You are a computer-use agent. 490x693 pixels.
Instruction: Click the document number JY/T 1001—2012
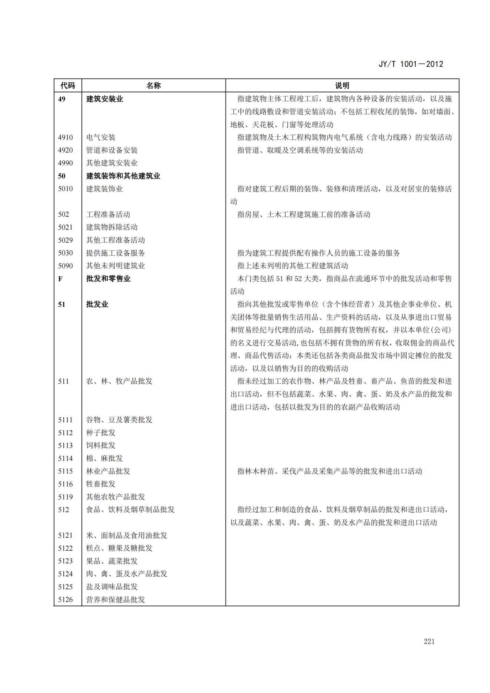[410, 64]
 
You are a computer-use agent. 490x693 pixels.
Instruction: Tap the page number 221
[429, 642]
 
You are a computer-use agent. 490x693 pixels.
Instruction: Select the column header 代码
[67, 86]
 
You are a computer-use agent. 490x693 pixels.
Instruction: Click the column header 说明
[342, 86]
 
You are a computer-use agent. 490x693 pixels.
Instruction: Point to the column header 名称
[153, 86]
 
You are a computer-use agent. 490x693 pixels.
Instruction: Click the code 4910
[66, 137]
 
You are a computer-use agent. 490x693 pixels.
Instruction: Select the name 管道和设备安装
[112, 150]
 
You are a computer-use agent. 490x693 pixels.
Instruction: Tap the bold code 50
[61, 176]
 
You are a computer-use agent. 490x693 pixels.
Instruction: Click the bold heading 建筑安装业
[104, 99]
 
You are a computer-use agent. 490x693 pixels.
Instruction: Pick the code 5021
[66, 227]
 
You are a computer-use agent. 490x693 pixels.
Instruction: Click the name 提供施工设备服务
[116, 253]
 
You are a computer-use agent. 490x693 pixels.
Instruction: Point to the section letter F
[60, 279]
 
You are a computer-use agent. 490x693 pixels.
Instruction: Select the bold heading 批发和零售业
[108, 279]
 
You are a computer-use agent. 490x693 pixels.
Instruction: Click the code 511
[63, 381]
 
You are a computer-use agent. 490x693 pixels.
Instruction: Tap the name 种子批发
[101, 433]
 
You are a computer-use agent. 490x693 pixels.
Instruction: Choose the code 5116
[66, 484]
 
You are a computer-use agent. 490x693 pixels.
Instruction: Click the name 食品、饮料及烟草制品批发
[130, 510]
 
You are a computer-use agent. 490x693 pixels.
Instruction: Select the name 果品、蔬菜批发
[112, 561]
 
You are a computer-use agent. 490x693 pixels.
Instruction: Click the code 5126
[66, 599]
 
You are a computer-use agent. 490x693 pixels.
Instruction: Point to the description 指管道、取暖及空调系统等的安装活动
[300, 150]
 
